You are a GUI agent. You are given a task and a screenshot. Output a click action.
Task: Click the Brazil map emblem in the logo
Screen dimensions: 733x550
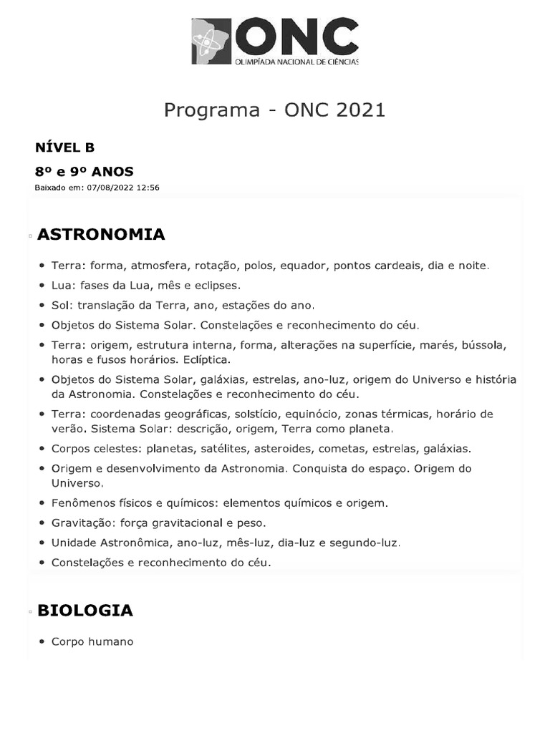pos(211,41)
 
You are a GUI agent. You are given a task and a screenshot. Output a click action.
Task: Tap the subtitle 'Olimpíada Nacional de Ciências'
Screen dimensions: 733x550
pos(296,62)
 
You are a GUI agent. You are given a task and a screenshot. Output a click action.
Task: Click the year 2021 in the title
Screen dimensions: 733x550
pos(355,110)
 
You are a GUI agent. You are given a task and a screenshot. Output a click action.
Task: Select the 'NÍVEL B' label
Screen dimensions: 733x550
pos(65,147)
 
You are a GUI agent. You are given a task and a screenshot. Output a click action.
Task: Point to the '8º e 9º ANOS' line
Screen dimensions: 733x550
pos(84,172)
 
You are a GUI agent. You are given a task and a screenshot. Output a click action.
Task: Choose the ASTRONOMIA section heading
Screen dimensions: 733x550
pos(101,234)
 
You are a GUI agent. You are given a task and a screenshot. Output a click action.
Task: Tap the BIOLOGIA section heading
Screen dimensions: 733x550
pos(85,611)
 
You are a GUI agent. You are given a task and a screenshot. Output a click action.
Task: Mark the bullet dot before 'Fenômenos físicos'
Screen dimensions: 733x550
pos(44,503)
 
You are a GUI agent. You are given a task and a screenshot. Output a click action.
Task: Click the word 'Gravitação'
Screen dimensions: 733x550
pos(81,523)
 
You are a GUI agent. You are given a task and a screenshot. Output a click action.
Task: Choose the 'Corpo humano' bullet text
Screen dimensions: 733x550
pos(92,642)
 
